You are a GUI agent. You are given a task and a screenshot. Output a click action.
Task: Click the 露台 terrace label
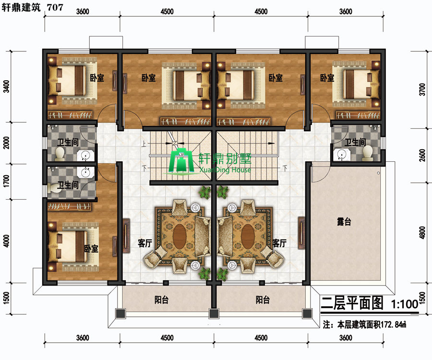[x=344, y=221]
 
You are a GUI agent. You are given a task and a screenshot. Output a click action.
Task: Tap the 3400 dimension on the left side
[x=6, y=86]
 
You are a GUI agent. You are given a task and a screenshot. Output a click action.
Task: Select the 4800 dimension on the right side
[x=422, y=232]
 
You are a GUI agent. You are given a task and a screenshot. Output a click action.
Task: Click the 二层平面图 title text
[x=352, y=303]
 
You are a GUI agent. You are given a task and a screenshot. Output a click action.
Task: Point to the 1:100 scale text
[x=405, y=304]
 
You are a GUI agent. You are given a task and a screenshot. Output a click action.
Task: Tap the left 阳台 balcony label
[x=161, y=300]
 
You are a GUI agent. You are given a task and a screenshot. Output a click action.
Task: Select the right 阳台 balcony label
[x=263, y=300]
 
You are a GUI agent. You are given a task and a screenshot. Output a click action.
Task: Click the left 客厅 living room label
[x=144, y=243]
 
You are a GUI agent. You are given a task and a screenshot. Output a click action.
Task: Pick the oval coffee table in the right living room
[x=248, y=236]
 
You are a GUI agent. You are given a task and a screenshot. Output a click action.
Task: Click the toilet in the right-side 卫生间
[x=368, y=153]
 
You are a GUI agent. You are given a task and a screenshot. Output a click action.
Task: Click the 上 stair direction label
[x=144, y=144]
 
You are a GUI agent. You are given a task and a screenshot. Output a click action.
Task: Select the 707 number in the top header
[x=55, y=7]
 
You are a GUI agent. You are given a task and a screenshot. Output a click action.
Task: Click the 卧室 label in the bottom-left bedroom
[x=91, y=249]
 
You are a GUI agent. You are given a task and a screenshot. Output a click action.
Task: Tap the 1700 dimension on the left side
[x=6, y=181]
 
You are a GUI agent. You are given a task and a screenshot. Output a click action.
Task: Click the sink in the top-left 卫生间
[x=85, y=156]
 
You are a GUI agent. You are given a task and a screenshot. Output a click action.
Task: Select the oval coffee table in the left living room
[x=180, y=236]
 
